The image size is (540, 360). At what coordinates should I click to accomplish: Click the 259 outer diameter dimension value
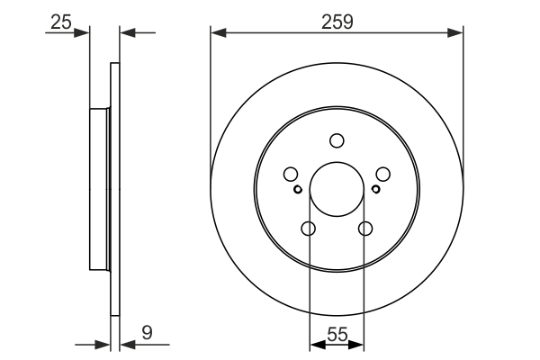(x=337, y=19)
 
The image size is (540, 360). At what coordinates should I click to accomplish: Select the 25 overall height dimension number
(x=60, y=21)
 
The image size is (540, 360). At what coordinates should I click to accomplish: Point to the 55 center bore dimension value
(x=337, y=333)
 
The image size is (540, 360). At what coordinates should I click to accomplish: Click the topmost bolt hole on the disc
(x=337, y=140)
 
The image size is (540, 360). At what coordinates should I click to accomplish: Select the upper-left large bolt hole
(x=291, y=175)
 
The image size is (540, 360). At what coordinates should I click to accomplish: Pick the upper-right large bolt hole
(x=382, y=175)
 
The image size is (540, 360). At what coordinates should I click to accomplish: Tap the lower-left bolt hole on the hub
(x=308, y=229)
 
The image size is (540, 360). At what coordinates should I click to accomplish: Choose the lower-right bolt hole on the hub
(x=365, y=229)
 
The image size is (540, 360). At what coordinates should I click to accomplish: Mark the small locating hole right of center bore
(x=374, y=189)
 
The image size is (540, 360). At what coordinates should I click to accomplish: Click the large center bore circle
(x=337, y=190)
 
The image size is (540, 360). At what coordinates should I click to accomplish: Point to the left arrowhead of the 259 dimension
(x=216, y=33)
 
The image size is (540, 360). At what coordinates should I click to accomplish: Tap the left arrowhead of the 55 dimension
(x=314, y=344)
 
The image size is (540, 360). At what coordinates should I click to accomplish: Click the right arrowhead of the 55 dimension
(x=359, y=344)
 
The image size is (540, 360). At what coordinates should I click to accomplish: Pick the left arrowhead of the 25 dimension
(x=85, y=33)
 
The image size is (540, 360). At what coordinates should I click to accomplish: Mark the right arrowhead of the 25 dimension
(x=125, y=33)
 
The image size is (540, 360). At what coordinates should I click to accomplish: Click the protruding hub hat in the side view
(x=98, y=190)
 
